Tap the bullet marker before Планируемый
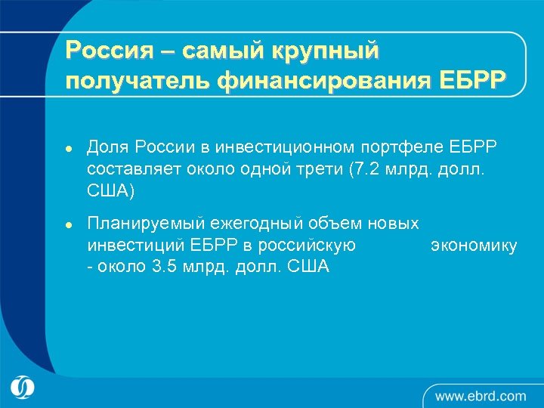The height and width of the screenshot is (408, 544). click(x=68, y=225)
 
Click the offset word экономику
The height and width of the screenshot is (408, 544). click(x=474, y=246)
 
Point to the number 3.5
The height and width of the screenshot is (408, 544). click(x=163, y=267)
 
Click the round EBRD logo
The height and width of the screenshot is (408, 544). click(x=23, y=388)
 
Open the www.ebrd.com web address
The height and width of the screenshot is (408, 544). click(x=481, y=395)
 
